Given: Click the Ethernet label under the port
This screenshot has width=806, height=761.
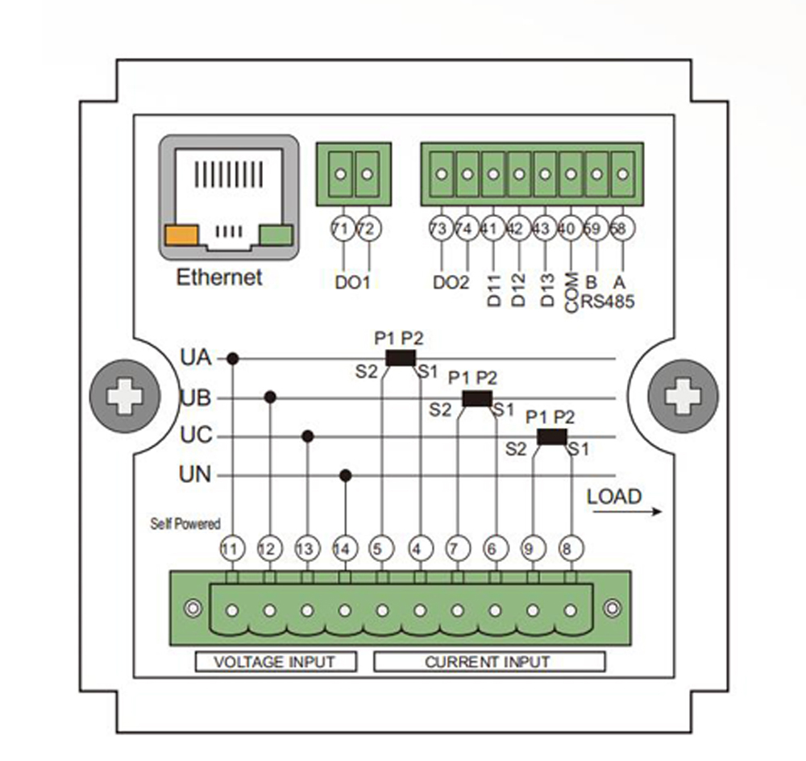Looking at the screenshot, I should click(219, 278).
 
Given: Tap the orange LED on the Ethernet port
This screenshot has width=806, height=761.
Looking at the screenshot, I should click(181, 235).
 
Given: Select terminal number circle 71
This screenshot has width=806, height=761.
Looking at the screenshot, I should click(341, 230).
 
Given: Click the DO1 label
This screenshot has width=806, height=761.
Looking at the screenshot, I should click(355, 283).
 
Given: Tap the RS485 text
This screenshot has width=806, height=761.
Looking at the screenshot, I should click(609, 302).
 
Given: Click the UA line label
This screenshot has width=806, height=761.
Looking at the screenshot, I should click(195, 357).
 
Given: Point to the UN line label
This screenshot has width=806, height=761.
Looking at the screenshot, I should click(195, 475).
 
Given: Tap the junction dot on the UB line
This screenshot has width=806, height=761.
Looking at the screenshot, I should click(271, 397).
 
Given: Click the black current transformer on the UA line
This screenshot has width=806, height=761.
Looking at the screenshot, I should click(400, 358).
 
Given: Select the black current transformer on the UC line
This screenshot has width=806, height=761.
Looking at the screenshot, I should click(551, 437).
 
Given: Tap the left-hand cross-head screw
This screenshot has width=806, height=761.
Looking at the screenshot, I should click(125, 397).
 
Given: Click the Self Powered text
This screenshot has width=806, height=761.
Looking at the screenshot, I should click(185, 524).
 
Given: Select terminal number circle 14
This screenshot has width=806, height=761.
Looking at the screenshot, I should click(344, 549).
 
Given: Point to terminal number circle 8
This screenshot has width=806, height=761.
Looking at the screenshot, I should click(567, 549).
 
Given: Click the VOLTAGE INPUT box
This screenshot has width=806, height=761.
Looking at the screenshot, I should click(276, 662).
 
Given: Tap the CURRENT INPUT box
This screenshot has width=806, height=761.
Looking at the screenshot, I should click(488, 662).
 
